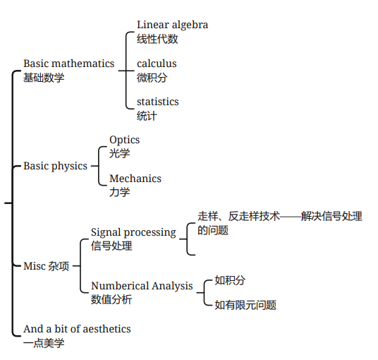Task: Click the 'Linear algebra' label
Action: point(172,25)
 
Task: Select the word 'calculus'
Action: point(157,64)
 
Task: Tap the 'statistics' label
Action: point(158,102)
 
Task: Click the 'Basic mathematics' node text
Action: point(68,64)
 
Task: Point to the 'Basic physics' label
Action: point(55,167)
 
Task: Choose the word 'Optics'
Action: point(124,140)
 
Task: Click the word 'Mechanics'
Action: point(135,179)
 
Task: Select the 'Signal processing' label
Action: point(133,233)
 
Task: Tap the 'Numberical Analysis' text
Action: point(142,286)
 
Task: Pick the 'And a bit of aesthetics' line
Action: point(77,329)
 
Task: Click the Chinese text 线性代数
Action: point(157,39)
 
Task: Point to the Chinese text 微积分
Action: point(152,78)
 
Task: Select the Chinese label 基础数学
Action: point(44,78)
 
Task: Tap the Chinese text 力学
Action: point(120,192)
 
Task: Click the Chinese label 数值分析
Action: point(111,299)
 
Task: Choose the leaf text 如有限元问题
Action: point(245,305)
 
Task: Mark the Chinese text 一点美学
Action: point(44,343)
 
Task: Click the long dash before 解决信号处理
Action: point(291,217)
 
